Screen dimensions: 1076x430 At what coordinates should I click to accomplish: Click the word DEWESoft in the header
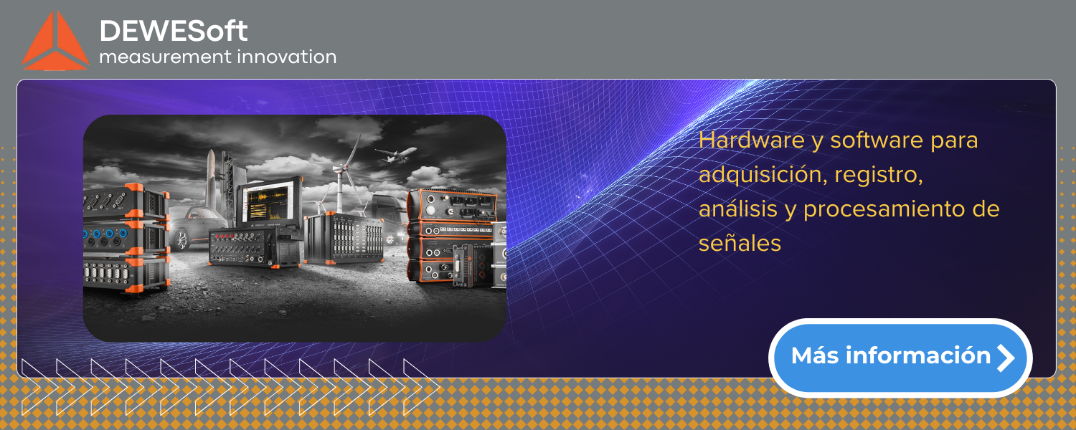[x=174, y=31]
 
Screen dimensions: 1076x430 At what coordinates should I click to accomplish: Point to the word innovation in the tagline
[x=287, y=57]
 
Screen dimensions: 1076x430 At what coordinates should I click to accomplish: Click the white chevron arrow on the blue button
[x=1006, y=358]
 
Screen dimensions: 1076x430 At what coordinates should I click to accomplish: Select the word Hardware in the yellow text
[x=751, y=140]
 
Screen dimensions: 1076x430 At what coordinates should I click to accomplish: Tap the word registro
[x=879, y=175]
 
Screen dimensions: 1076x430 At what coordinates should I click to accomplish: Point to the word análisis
[x=738, y=209]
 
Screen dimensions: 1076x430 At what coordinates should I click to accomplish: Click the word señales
[x=740, y=244]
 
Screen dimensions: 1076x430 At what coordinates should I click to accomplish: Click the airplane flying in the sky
[x=396, y=154]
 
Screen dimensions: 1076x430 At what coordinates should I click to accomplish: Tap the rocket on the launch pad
[x=211, y=178]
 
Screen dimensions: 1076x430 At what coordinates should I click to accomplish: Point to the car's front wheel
[x=181, y=239]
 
